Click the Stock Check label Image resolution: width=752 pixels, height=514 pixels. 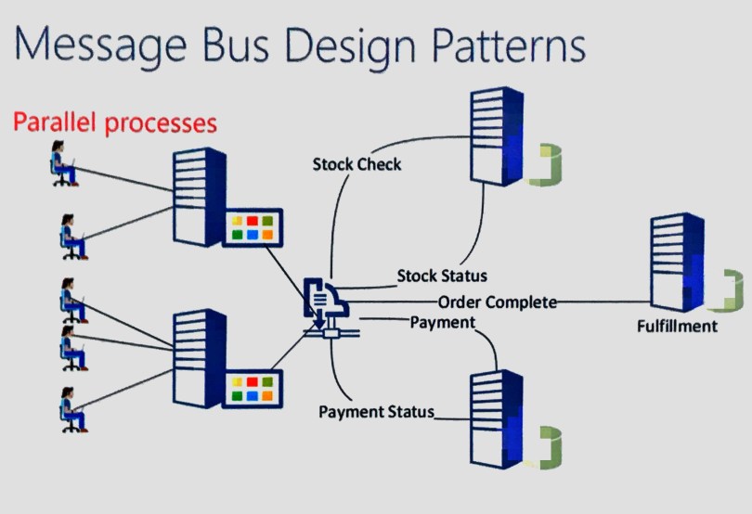coord(357,164)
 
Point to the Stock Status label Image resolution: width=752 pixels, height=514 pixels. coord(442,276)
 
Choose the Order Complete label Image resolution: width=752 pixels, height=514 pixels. coord(498,302)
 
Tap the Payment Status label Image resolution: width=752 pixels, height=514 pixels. coord(376,412)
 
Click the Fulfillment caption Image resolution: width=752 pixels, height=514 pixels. coord(677,326)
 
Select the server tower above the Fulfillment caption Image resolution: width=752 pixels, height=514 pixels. coord(677,263)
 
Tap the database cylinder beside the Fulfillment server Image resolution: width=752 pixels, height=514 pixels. coord(733,291)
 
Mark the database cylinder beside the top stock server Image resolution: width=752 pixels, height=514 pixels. coord(546,163)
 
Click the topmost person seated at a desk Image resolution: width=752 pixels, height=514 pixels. coord(64,166)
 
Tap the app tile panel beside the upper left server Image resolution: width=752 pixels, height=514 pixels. coord(252,228)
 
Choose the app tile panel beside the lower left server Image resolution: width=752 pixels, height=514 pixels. coord(252,389)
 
